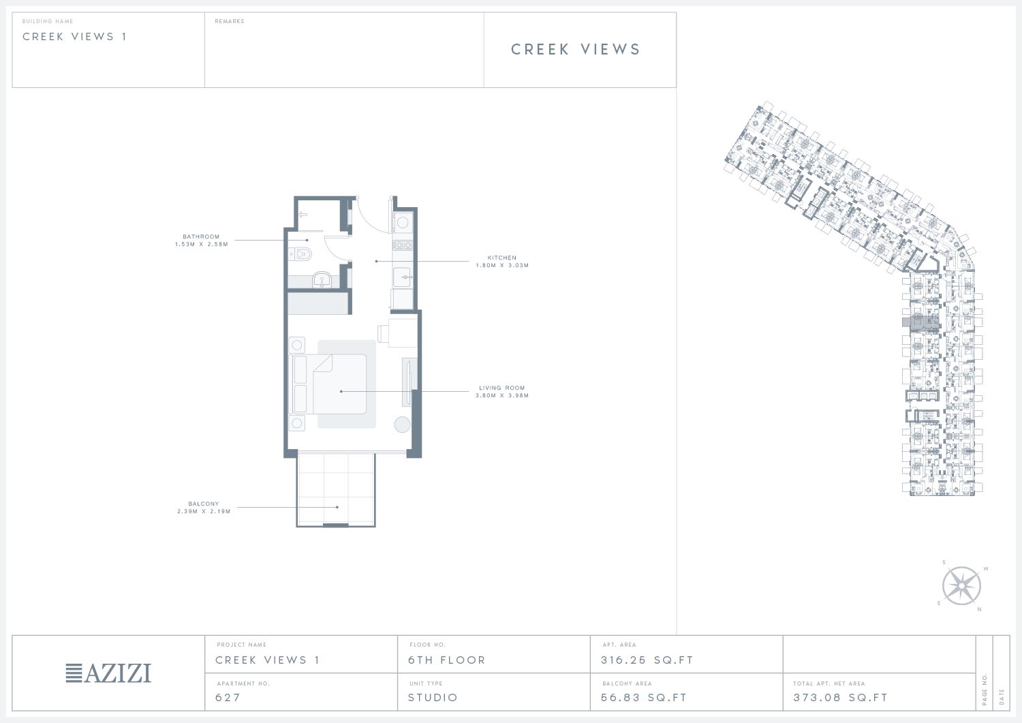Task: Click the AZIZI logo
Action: coord(108,673)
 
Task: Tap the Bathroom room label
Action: coord(201,236)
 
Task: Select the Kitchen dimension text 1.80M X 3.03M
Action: coord(502,265)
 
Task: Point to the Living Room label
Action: coord(502,388)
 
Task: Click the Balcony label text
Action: coord(204,504)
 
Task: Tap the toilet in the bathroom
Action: coord(300,253)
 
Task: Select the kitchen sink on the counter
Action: coord(402,277)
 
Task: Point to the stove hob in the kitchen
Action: coord(403,245)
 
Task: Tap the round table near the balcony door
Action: coord(402,425)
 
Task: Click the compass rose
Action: coord(961,585)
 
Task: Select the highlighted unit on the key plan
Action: coord(920,322)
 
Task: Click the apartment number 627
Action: coord(228,697)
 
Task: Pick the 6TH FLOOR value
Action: coord(447,660)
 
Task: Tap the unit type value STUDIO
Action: coord(433,697)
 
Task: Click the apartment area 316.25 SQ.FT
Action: coord(647,660)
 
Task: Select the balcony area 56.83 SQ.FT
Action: coord(644,697)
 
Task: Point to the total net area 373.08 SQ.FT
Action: coord(840,697)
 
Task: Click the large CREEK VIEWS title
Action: coord(576,49)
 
